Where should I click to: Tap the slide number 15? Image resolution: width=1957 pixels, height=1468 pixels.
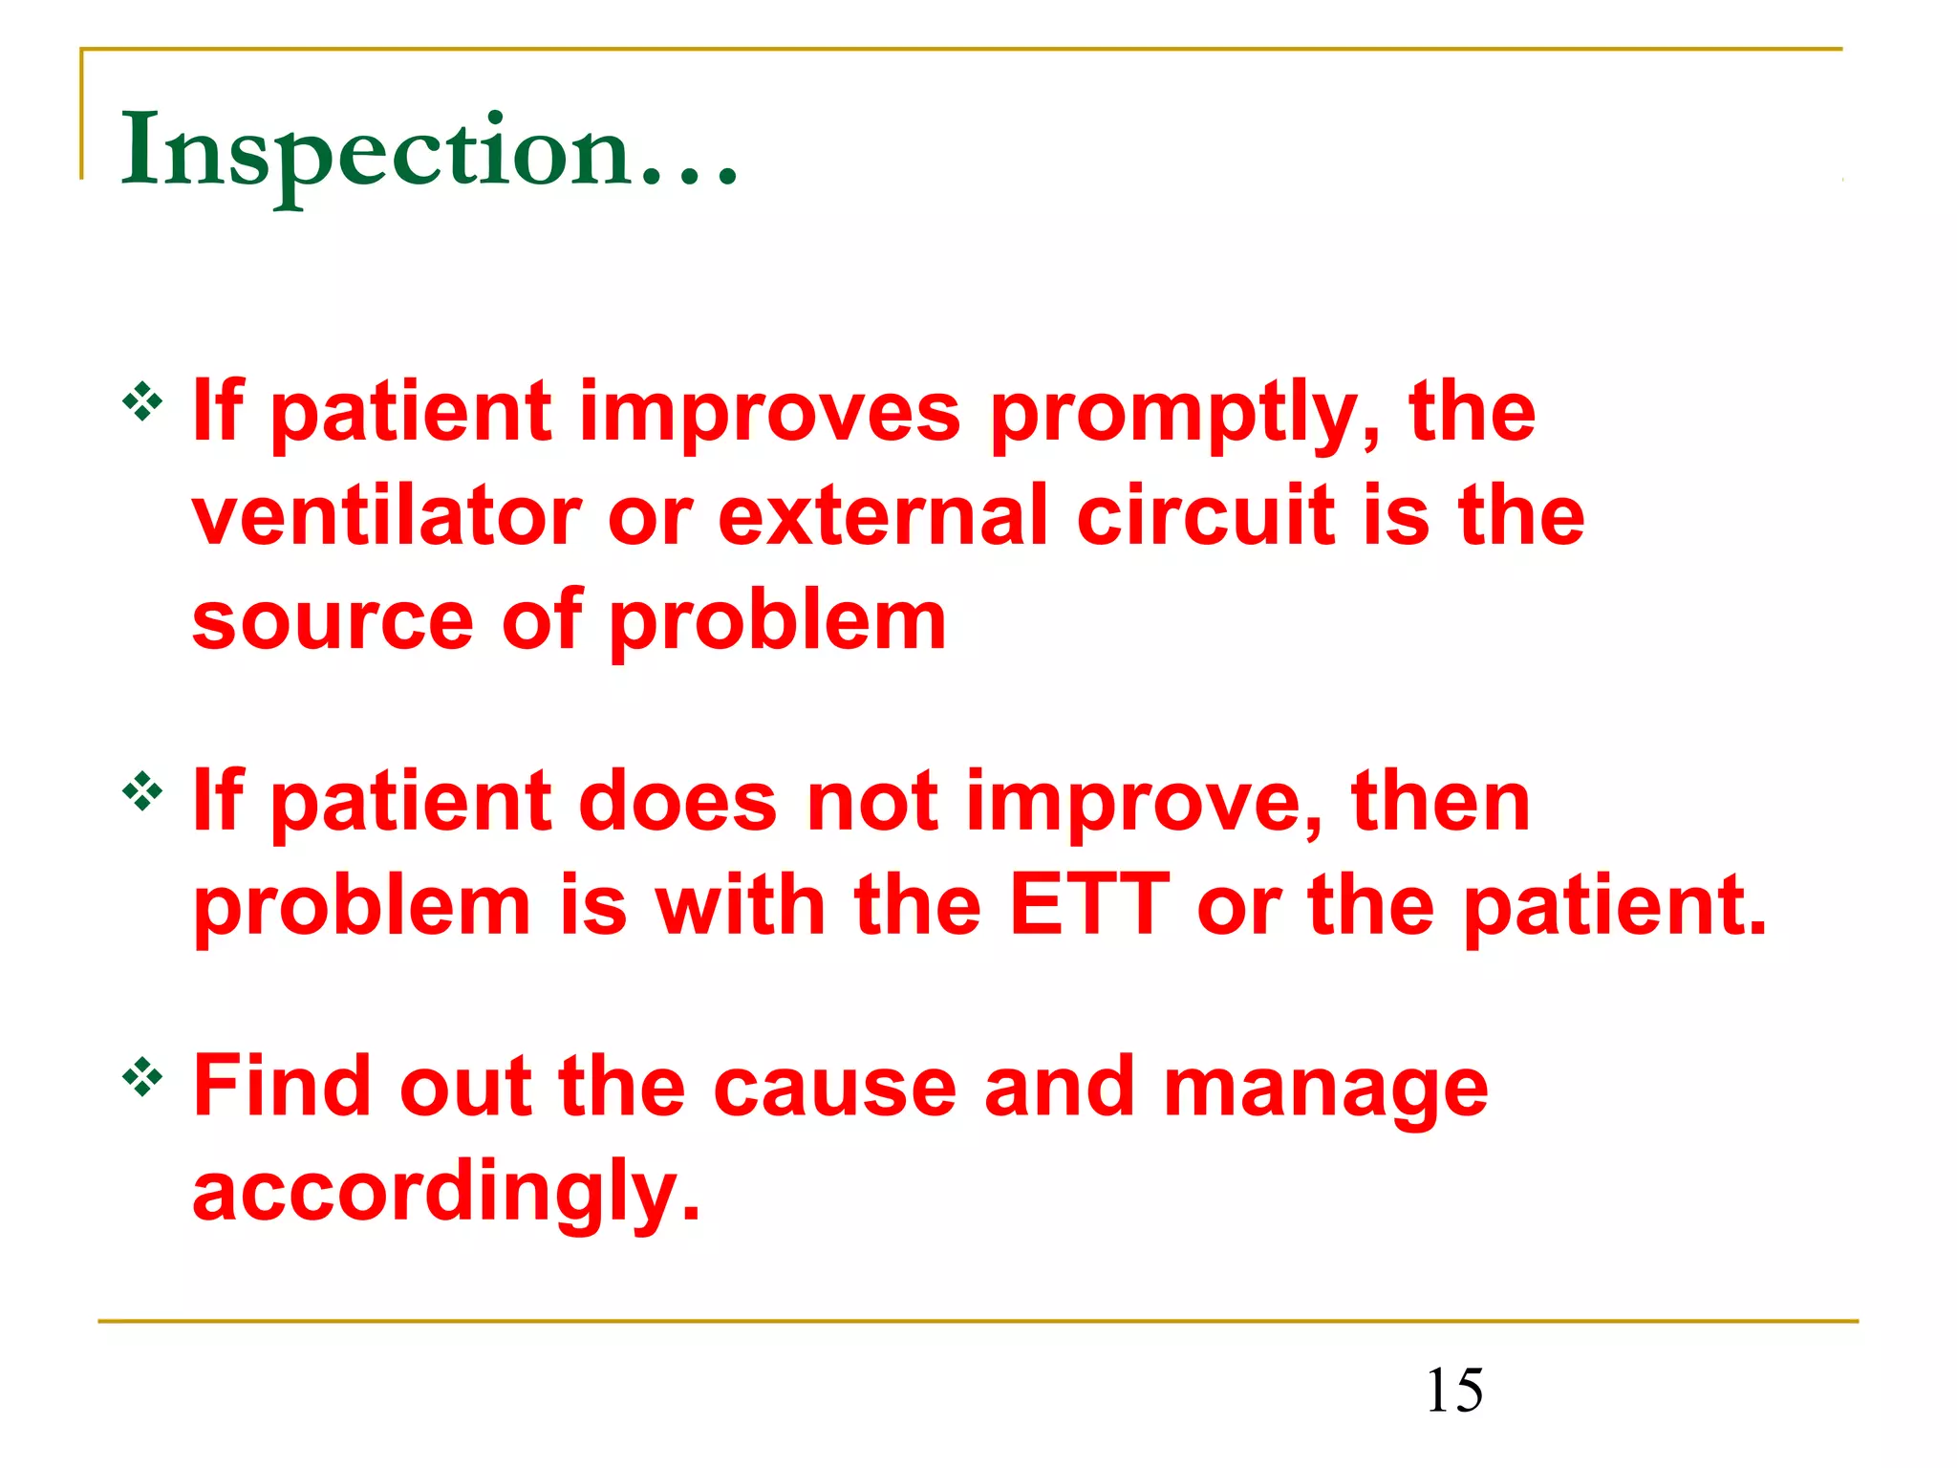point(1454,1391)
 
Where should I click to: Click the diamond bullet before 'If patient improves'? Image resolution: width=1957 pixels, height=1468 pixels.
point(143,402)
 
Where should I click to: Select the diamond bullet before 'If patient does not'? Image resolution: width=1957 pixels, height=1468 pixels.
point(143,791)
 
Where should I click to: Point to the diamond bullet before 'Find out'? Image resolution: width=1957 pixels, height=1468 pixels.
point(143,1078)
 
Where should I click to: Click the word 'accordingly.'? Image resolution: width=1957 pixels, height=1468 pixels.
point(446,1195)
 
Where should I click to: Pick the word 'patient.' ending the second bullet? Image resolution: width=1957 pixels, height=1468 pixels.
point(1615,908)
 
